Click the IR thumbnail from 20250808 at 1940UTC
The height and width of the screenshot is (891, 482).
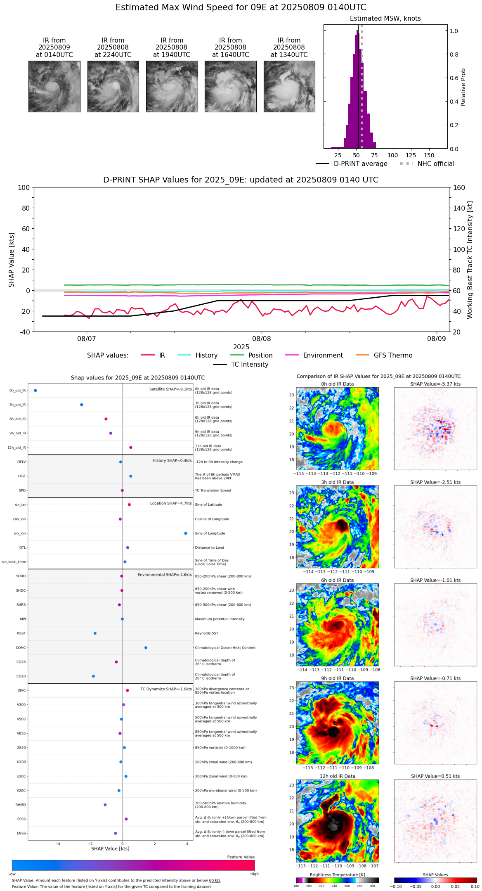click(x=172, y=86)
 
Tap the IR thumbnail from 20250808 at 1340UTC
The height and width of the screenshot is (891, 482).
click(x=289, y=86)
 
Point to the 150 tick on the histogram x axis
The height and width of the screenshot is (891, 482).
click(x=429, y=155)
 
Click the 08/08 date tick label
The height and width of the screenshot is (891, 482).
click(x=262, y=339)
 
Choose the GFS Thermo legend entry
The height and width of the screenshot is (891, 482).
click(x=393, y=355)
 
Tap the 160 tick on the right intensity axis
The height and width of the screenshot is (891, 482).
click(x=459, y=187)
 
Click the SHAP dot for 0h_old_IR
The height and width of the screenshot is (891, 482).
click(x=35, y=391)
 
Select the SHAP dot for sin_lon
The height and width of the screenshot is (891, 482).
click(x=186, y=533)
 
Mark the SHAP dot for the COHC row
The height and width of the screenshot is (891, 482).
click(x=146, y=648)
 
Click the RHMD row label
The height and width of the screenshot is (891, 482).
click(x=21, y=805)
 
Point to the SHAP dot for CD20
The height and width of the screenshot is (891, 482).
click(x=93, y=676)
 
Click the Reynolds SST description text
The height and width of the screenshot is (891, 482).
click(x=206, y=633)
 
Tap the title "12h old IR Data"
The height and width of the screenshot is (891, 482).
click(x=337, y=776)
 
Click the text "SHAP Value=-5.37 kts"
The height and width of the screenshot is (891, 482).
click(x=435, y=384)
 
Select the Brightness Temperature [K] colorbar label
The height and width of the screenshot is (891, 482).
click(x=337, y=874)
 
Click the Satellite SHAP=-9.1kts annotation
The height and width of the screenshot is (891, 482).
click(x=170, y=389)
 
